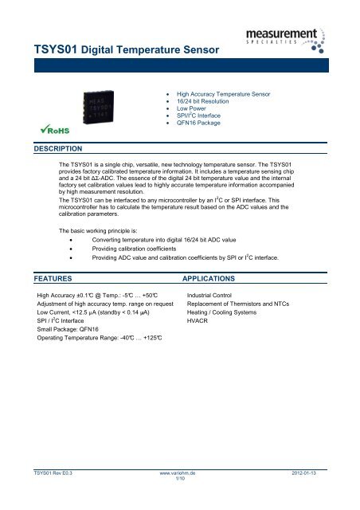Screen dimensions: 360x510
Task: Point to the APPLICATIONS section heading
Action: (220, 280)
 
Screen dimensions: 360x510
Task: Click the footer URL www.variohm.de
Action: (179, 473)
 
